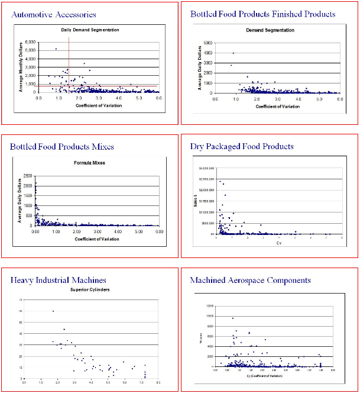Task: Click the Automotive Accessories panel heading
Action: tap(54, 14)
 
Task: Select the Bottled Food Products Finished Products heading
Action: tap(262, 14)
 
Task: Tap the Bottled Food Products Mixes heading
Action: tap(62, 146)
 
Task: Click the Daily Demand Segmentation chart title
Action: tap(90, 30)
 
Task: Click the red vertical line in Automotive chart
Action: tap(69, 65)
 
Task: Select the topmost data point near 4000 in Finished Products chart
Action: tap(233, 53)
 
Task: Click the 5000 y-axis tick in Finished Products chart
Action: tap(209, 43)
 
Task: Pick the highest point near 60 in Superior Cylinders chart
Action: tap(53, 311)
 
